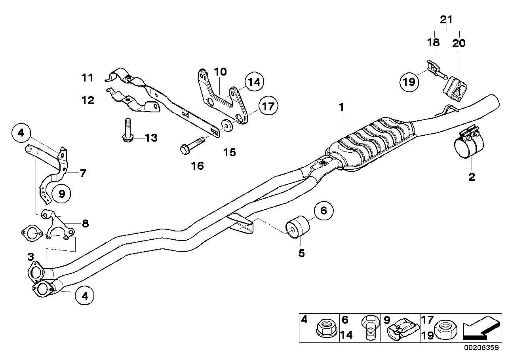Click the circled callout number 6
[324, 211]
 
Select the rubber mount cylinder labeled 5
[297, 227]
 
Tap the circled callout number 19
[409, 82]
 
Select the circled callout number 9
[62, 193]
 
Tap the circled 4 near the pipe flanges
[85, 295]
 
